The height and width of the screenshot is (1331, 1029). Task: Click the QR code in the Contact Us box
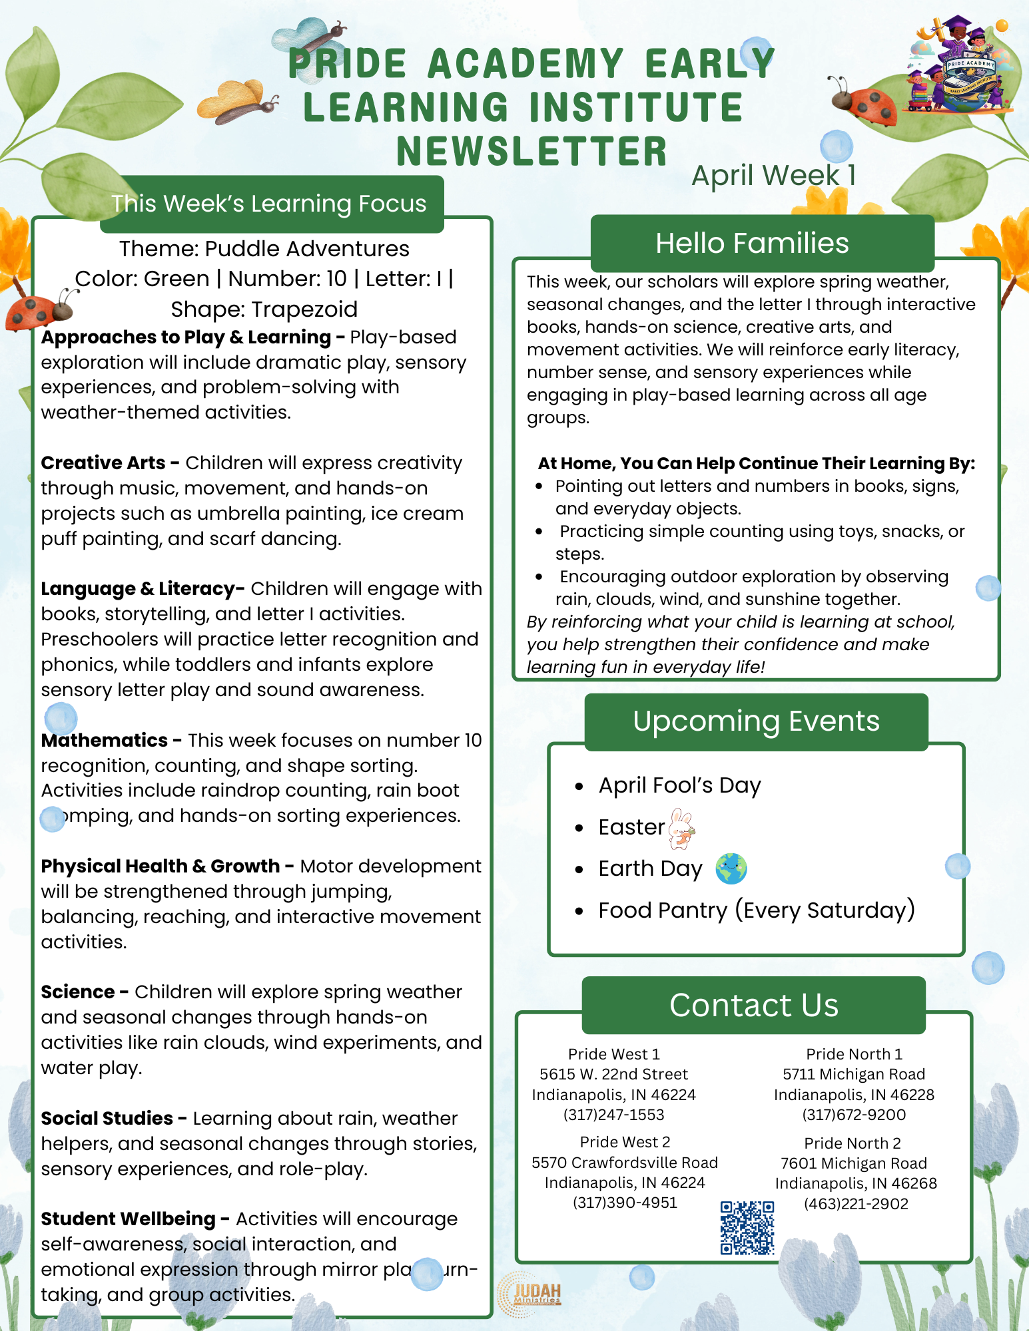pos(747,1227)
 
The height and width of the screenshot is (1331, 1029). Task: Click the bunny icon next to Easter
pos(681,828)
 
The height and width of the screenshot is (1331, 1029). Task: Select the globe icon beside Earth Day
pos(731,868)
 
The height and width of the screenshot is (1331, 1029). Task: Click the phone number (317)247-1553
pos(613,1115)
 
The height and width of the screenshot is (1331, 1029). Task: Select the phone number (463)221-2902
pos(856,1204)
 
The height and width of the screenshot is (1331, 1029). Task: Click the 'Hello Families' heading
pos(752,244)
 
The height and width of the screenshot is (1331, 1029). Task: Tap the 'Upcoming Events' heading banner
pos(756,721)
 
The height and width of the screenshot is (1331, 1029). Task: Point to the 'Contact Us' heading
pos(753,1005)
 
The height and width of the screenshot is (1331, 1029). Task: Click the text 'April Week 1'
pos(773,176)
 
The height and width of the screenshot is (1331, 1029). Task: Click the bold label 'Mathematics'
pos(105,740)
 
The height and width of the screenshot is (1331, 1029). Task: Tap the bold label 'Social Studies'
pos(107,1118)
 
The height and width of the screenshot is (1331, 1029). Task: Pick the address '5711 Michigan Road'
pos(854,1074)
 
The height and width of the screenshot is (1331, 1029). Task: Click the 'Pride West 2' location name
pos(625,1142)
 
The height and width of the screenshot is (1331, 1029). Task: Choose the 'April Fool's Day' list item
pos(679,785)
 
